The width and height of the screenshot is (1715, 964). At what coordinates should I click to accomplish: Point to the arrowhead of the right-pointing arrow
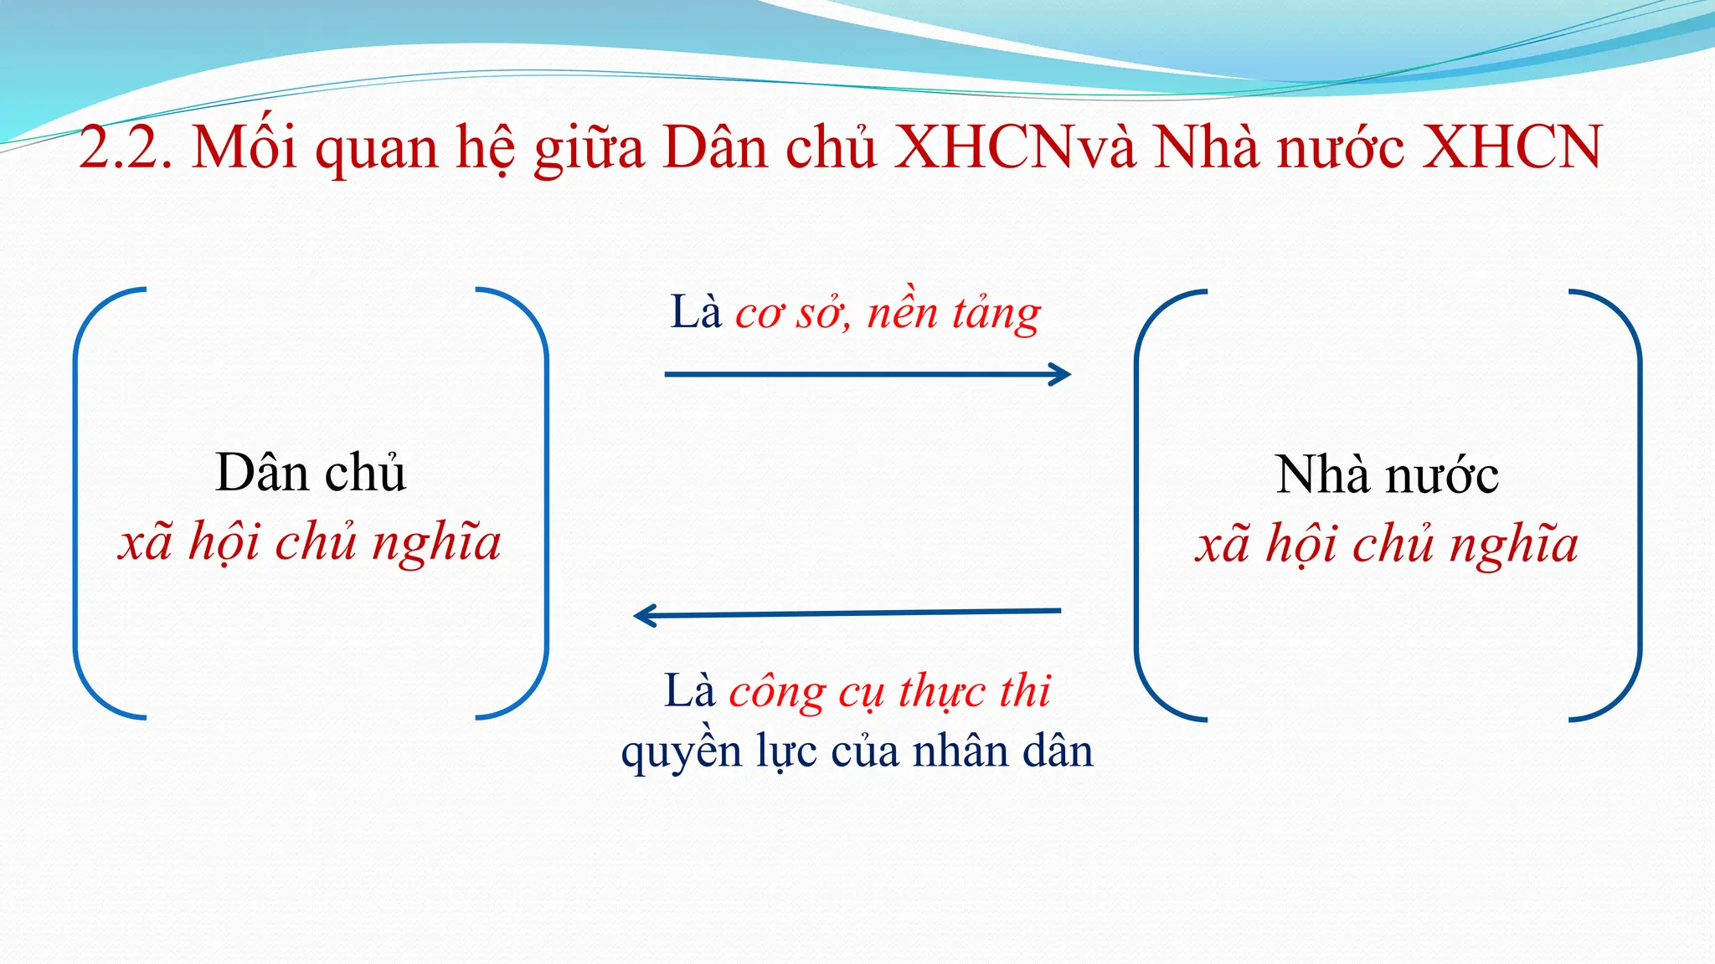point(1062,374)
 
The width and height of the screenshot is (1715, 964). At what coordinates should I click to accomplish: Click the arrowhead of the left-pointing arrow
point(644,617)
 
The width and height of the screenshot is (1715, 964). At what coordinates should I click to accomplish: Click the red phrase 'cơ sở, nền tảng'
point(888,315)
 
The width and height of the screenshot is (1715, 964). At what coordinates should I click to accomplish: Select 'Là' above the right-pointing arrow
point(695,313)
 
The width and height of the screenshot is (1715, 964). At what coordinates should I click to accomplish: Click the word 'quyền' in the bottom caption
point(682,751)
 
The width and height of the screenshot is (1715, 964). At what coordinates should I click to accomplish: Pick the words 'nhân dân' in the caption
point(1002,751)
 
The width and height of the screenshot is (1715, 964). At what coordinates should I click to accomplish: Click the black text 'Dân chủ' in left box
point(311,474)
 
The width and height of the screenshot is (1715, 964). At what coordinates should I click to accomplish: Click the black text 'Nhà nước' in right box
point(1387,475)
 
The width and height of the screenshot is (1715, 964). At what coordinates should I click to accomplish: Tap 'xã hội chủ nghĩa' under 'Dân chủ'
point(310,542)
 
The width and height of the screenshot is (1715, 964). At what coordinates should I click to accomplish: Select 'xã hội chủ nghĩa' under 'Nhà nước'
point(1387,545)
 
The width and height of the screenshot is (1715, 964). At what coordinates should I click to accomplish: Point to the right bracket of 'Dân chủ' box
point(545,502)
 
